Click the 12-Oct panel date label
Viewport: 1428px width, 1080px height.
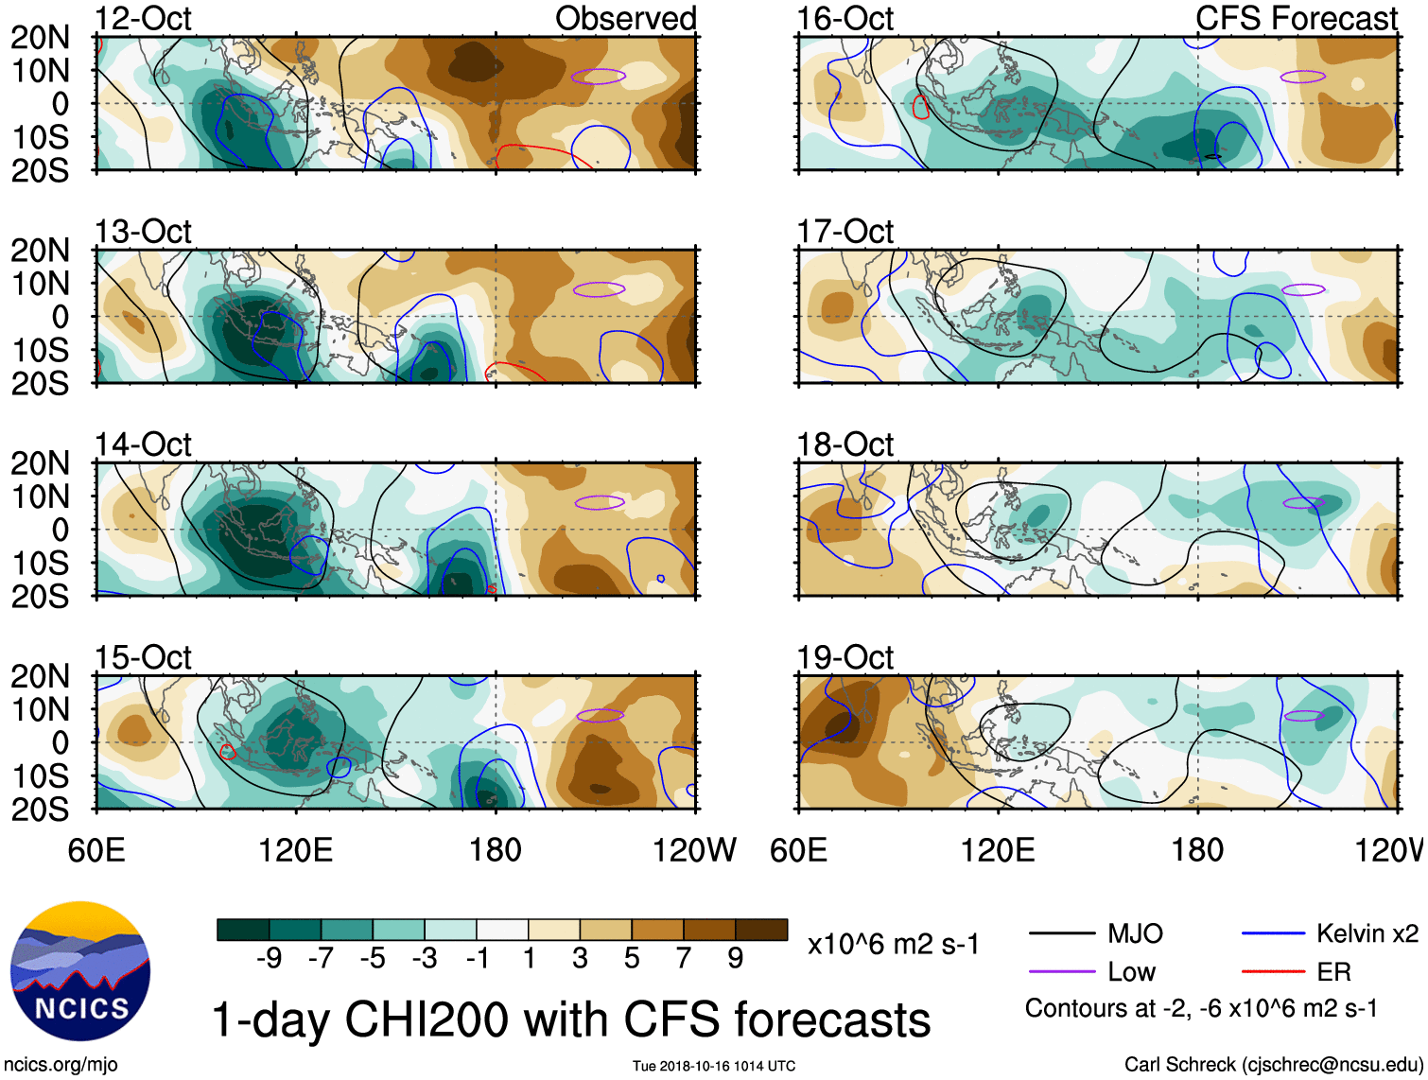tap(143, 18)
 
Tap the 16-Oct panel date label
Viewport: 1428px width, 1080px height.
tap(845, 18)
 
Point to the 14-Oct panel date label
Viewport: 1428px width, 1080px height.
tap(143, 444)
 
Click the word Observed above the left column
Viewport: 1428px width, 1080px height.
tap(625, 18)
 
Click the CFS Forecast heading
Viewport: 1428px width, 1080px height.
tap(1296, 18)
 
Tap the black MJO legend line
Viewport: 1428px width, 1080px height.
tap(1061, 934)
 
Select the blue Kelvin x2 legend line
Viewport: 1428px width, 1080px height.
tap(1273, 934)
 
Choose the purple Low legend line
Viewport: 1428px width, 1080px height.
tap(1061, 971)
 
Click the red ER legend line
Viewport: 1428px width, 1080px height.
tap(1273, 971)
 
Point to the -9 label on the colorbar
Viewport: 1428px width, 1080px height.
tap(269, 958)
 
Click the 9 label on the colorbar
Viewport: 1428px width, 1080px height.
tap(736, 958)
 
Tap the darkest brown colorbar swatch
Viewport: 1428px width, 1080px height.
tap(761, 930)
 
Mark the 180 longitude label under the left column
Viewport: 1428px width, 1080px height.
tap(496, 850)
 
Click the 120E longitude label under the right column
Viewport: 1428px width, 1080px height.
tap(998, 850)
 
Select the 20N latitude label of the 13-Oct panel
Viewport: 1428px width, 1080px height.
tap(40, 250)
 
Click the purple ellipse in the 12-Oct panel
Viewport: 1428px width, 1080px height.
tap(598, 77)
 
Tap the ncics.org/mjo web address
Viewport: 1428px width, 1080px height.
tap(61, 1064)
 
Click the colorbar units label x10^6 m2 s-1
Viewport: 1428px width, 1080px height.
tap(894, 944)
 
